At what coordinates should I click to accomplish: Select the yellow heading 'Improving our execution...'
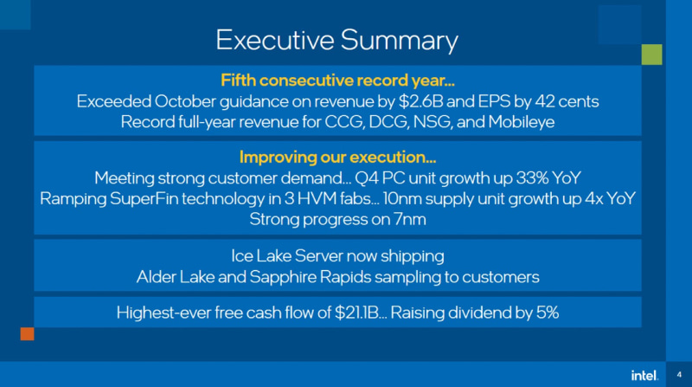[337, 158]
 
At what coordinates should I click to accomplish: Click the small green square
[652, 54]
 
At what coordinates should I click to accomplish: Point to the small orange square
[27, 333]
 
